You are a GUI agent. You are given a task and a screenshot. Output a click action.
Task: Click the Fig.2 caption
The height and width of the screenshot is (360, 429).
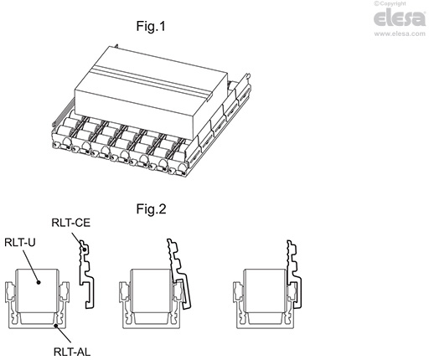pos(152,209)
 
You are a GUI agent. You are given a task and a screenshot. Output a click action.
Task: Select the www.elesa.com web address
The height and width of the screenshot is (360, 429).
pos(396,35)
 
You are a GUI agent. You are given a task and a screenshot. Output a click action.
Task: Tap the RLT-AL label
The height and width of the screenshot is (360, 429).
pos(72,352)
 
